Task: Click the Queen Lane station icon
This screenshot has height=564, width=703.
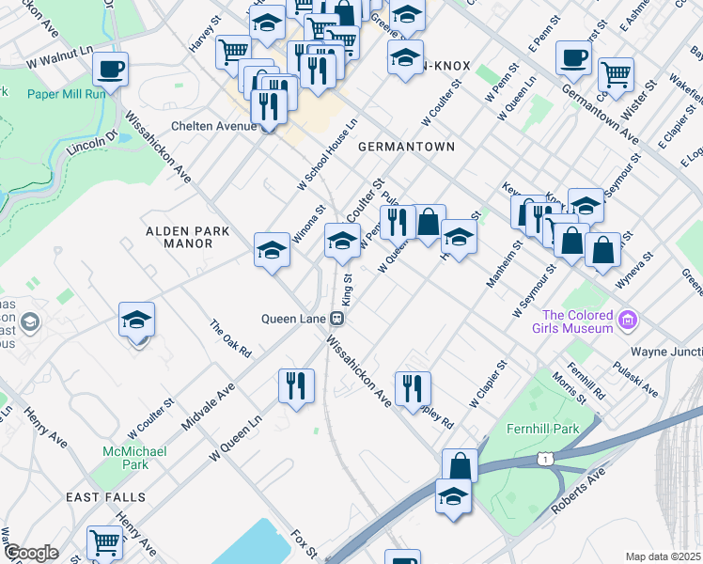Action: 336,319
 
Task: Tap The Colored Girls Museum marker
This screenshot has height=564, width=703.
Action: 628,321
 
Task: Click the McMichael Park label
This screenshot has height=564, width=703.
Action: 135,458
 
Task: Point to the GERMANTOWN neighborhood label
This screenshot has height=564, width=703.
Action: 406,147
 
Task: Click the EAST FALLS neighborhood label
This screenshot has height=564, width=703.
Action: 105,496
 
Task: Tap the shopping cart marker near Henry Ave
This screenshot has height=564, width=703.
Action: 104,541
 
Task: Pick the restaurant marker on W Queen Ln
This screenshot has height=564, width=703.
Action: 296,385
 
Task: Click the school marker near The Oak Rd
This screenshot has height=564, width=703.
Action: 137,321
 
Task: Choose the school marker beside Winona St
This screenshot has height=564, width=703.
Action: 272,250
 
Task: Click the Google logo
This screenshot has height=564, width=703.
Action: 31,553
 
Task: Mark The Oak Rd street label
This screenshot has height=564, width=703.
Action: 231,339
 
